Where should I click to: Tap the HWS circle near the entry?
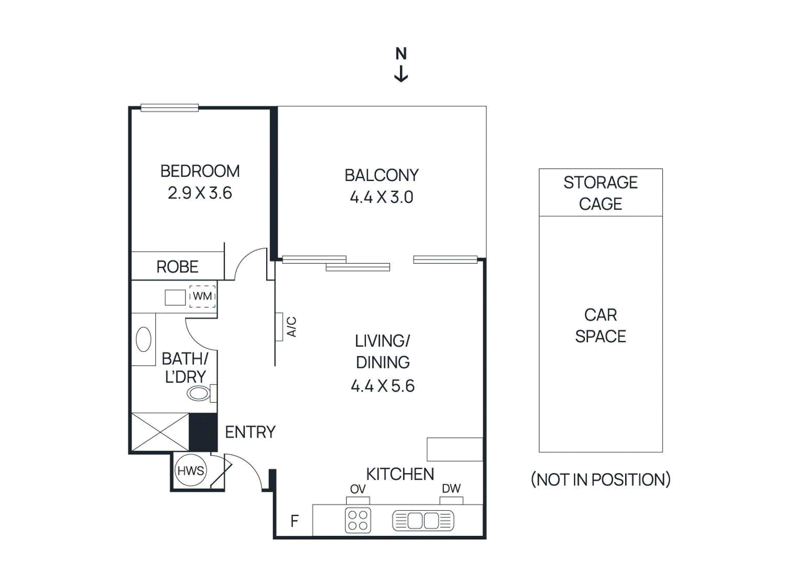190,470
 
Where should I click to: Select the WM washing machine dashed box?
203,296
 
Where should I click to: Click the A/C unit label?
291,326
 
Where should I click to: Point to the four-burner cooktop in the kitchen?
358,520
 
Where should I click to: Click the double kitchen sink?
423,520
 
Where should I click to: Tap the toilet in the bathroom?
199,394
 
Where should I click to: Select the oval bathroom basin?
143,339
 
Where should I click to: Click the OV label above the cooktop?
358,489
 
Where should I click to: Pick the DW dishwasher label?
451,488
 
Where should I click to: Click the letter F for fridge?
295,521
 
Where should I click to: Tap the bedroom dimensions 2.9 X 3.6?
200,193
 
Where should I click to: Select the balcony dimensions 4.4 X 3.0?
381,197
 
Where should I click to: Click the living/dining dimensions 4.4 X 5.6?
382,386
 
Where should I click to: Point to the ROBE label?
177,267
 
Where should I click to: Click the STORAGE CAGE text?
600,193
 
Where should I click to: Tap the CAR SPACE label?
600,325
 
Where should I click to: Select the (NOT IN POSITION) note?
600,480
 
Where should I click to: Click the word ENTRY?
250,432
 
